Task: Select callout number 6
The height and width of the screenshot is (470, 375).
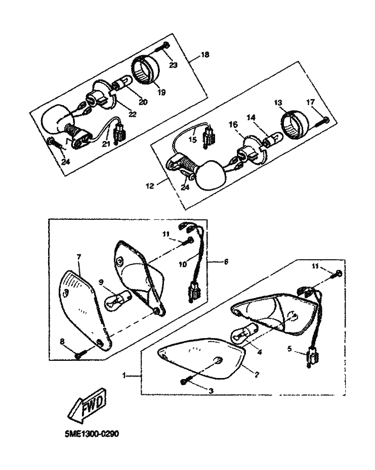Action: pos(225,261)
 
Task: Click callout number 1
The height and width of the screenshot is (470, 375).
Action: pos(124,375)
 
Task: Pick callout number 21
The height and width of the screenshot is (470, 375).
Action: pos(106,145)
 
